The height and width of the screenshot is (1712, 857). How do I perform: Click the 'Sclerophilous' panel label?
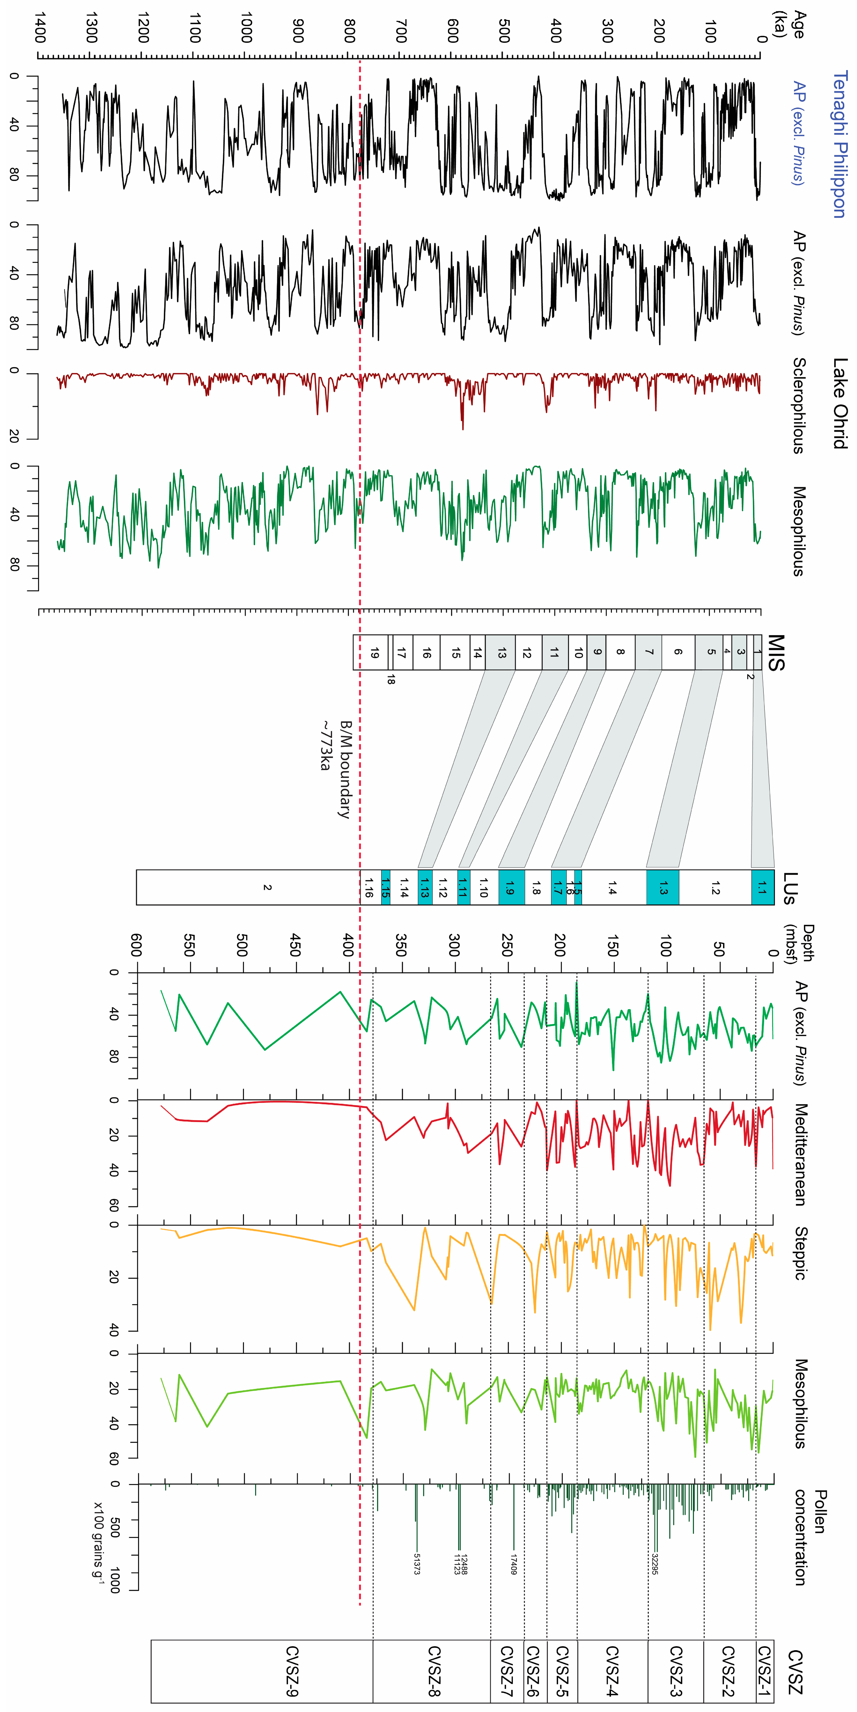tap(799, 405)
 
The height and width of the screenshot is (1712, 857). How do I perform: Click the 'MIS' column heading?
tap(776, 653)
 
